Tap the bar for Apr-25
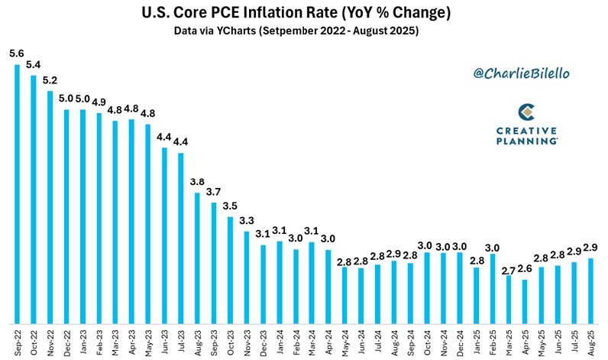525,302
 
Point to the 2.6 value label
524,270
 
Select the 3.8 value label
197,183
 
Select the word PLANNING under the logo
526,141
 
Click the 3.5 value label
230,206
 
